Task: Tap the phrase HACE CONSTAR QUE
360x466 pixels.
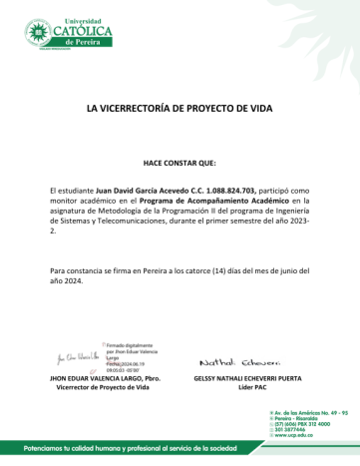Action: [179, 162]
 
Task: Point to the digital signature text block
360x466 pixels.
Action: [126, 355]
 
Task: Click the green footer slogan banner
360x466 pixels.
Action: [150, 448]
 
